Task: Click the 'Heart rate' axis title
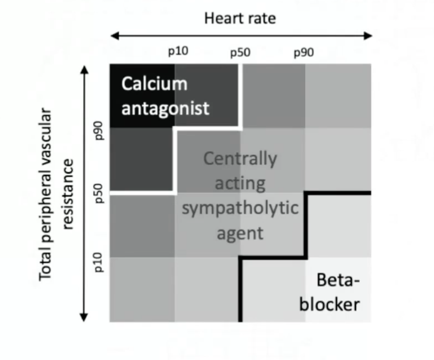240,19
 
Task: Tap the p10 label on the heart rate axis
178,51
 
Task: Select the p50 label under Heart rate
240,53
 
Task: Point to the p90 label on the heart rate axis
304,53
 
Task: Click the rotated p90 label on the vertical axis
99,130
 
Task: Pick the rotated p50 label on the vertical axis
99,193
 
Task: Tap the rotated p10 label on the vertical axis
99,262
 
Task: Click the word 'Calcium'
154,83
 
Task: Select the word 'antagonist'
165,108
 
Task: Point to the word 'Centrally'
240,159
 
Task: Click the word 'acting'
240,184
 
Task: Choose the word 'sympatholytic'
240,208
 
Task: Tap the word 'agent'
240,234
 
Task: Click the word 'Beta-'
338,280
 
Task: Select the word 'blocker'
330,304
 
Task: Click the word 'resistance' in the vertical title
68,194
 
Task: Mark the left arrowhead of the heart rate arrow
115,36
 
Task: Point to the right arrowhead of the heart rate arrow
368,36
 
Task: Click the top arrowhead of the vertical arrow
84,70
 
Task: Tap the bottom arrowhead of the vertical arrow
84,317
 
